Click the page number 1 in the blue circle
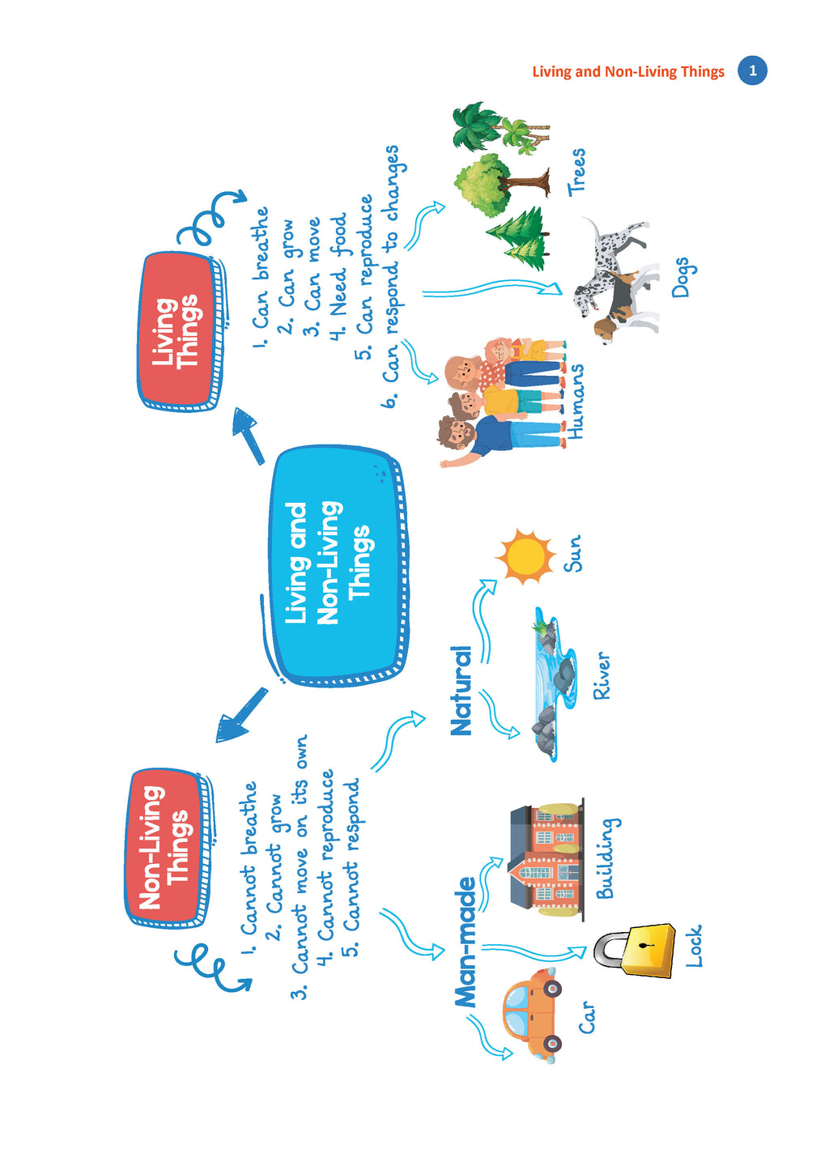pyautogui.click(x=752, y=71)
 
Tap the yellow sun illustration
pyautogui.click(x=525, y=556)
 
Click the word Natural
pyautogui.click(x=461, y=690)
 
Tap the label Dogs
pyautogui.click(x=680, y=278)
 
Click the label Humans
pyautogui.click(x=575, y=402)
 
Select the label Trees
pyautogui.click(x=576, y=172)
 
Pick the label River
pyautogui.click(x=601, y=675)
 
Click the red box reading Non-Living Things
pyautogui.click(x=166, y=846)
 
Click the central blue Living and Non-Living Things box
pyautogui.click(x=335, y=564)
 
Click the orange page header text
pyautogui.click(x=627, y=71)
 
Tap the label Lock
pyautogui.click(x=694, y=947)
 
